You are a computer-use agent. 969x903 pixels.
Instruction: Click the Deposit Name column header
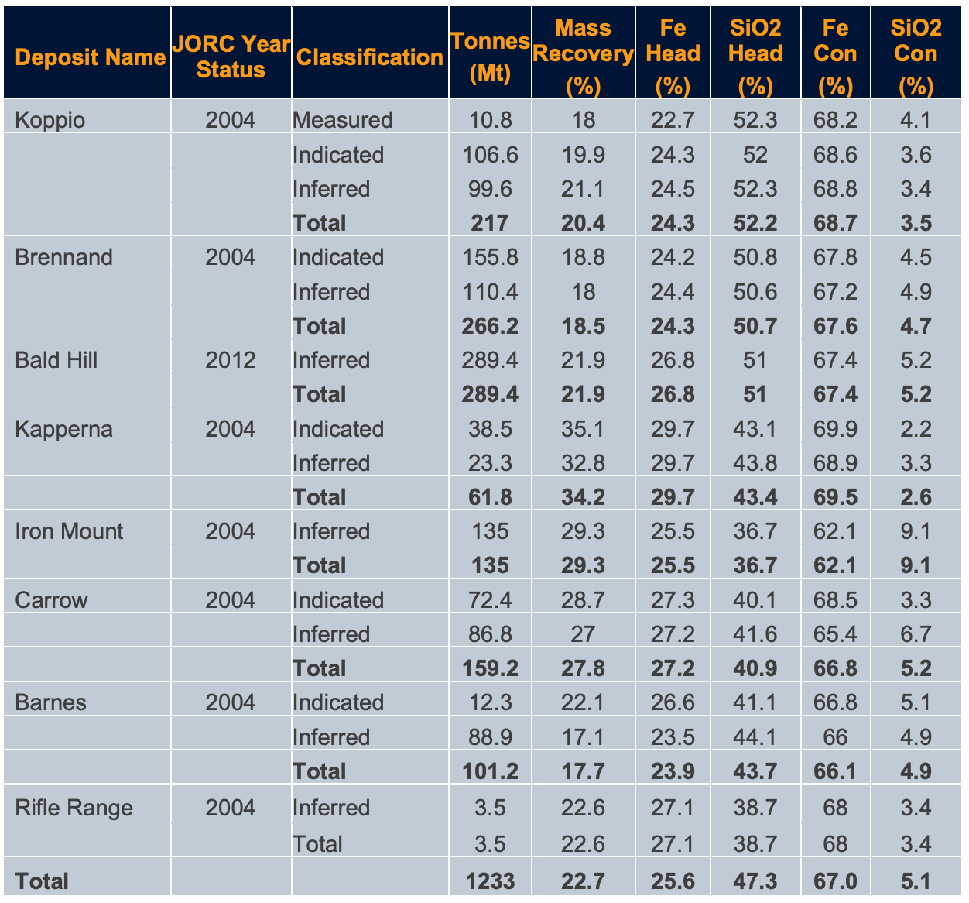point(90,57)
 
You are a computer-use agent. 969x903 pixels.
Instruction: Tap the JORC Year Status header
point(231,57)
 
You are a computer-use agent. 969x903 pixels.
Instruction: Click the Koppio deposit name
point(50,120)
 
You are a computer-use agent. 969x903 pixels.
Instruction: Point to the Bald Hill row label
point(56,360)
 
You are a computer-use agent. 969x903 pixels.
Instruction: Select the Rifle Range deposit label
point(74,808)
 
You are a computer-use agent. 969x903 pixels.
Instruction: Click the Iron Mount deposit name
point(69,531)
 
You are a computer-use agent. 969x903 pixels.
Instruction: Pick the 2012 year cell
point(231,360)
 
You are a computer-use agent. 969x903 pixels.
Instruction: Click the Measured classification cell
point(343,120)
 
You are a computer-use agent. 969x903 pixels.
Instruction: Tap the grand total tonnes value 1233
point(490,881)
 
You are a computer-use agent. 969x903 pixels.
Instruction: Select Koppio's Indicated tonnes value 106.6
point(490,155)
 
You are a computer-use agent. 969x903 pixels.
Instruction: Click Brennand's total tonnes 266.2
point(490,326)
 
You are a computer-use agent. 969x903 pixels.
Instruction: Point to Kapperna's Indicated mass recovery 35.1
point(584,429)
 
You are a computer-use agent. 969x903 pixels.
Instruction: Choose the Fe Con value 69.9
point(835,429)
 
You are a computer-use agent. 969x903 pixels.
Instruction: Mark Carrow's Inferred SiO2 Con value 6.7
point(916,634)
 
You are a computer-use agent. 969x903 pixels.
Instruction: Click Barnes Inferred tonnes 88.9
point(490,736)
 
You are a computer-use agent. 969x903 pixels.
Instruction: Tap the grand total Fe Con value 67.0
point(835,881)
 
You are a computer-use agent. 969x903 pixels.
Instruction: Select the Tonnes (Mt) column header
point(490,57)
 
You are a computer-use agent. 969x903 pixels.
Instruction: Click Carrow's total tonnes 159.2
point(490,668)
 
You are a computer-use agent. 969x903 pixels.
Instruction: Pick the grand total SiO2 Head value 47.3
point(755,881)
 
